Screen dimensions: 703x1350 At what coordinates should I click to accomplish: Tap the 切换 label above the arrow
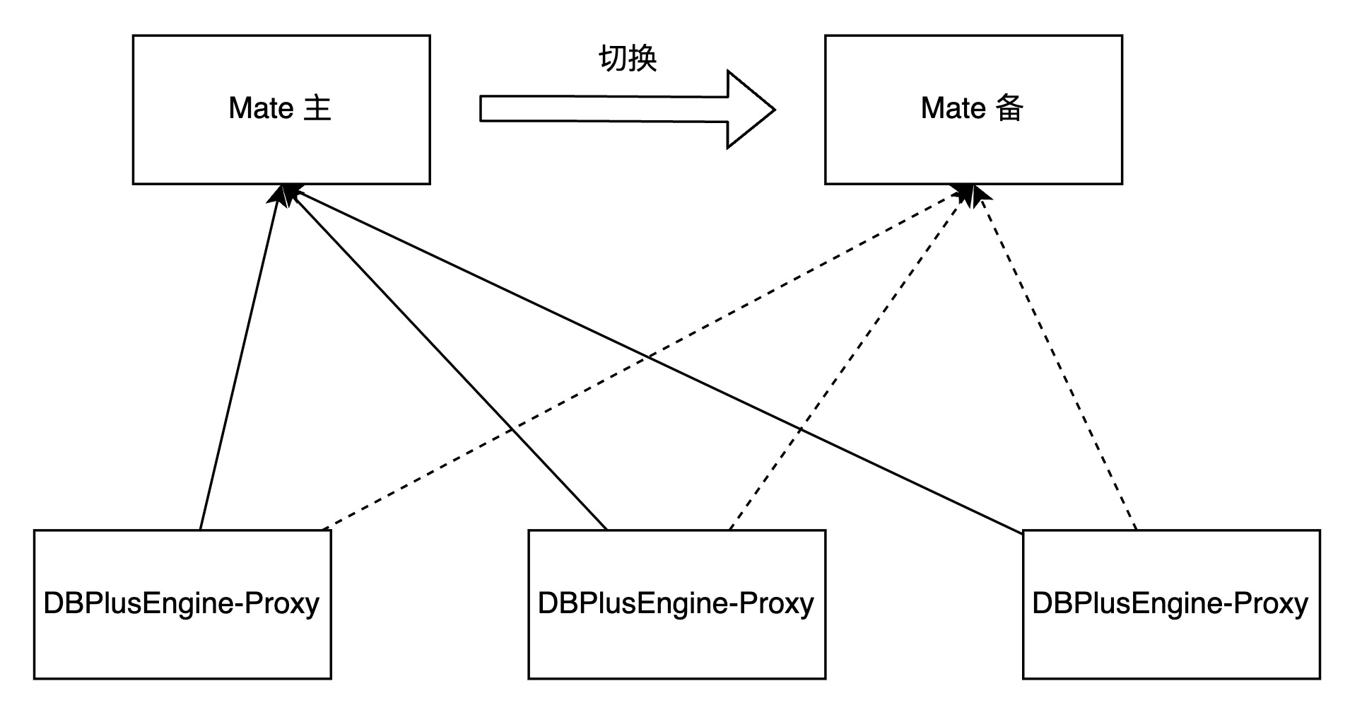coord(628,58)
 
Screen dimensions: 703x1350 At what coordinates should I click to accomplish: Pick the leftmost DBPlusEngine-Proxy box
coord(182,637)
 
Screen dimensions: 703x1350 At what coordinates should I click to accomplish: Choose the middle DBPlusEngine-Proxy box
coord(676,637)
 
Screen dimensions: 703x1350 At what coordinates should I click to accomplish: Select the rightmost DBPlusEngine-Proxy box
coord(1171,637)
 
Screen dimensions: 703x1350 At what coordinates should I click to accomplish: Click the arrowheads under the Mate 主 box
coord(284,194)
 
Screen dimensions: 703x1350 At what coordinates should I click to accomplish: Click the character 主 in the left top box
coord(317,109)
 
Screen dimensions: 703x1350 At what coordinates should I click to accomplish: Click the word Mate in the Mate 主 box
coord(261,109)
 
